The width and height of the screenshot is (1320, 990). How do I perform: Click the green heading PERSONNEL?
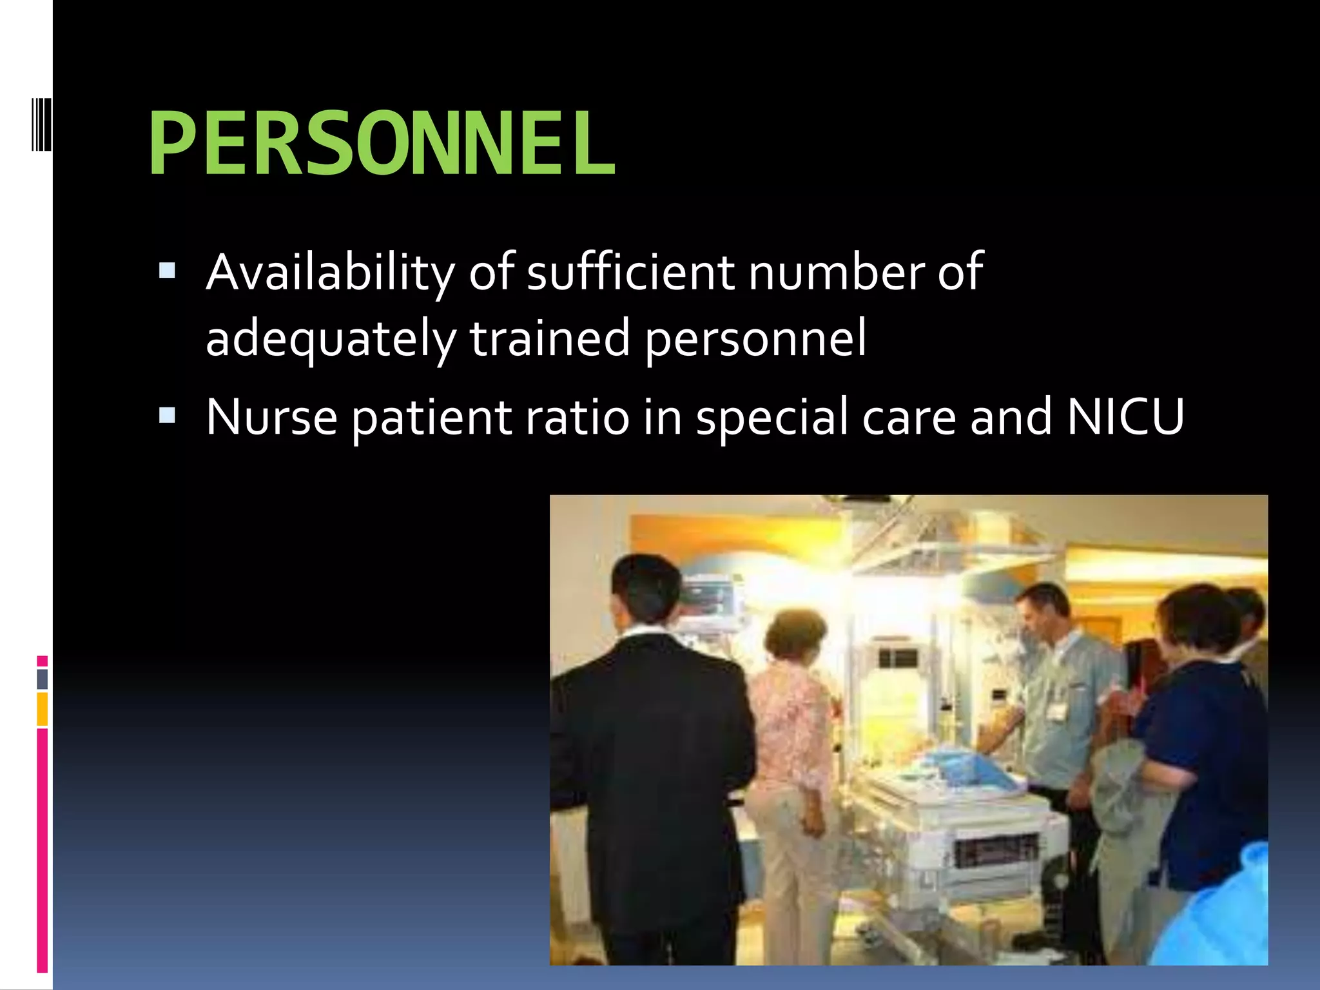[382, 143]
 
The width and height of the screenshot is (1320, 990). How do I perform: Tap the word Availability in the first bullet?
[331, 272]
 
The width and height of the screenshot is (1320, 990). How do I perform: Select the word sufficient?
[630, 272]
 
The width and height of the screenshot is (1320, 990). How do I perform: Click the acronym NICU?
[1125, 417]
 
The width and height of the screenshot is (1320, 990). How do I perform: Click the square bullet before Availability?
[167, 270]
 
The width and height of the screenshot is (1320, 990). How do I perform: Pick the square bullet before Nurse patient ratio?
[167, 414]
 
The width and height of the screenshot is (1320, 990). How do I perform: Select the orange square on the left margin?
[43, 709]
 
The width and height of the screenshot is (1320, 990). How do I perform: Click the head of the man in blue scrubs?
[1040, 612]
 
